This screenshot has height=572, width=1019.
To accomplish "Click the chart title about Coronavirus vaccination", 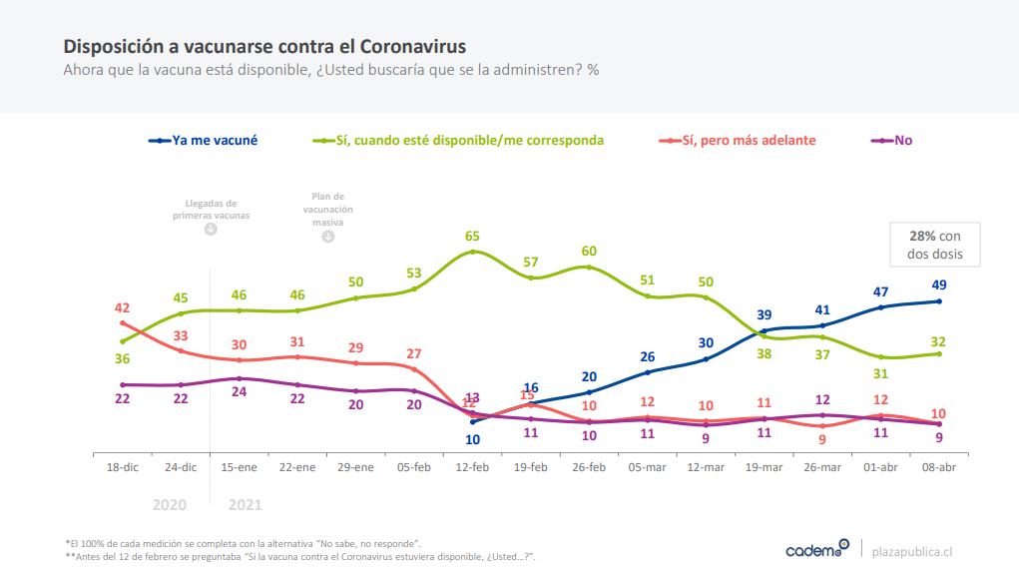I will pos(264,47).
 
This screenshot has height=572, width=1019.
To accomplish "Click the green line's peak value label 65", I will pos(472,237).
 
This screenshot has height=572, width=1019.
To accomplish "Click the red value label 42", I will pos(122,308).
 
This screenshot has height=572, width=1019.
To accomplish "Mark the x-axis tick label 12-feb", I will pos(472,467).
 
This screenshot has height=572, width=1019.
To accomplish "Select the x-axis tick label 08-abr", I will pos(938,467).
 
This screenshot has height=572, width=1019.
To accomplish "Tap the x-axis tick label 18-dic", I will pos(122,467).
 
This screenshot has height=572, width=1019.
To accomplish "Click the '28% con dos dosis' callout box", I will pos(933,245).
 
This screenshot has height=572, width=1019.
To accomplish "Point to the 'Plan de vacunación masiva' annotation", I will pos(327,210).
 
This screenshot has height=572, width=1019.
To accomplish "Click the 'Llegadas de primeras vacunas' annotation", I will pos(211,209).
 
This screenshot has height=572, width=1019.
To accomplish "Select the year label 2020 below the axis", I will pos(169,504).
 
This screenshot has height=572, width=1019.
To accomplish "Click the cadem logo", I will pos(816,549).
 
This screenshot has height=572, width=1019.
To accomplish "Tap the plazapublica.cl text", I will pos(912,550).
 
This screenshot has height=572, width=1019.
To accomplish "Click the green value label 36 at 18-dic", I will pos(122,359).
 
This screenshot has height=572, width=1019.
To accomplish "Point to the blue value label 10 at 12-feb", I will pos(472,439).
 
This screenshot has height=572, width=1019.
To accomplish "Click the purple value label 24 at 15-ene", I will pos(239,392).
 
